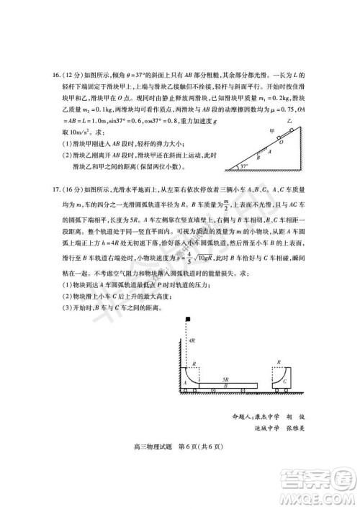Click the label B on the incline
(259, 158)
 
